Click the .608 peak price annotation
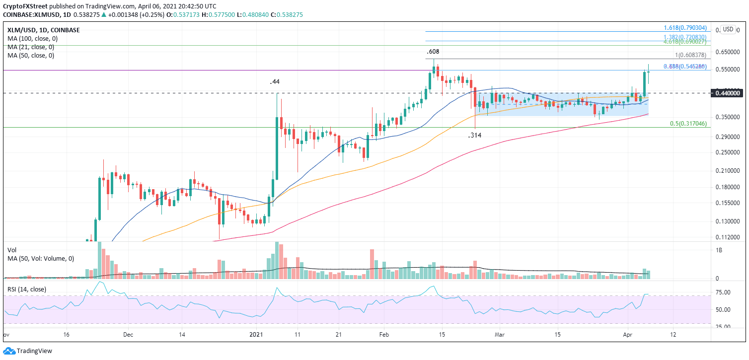[x=433, y=51]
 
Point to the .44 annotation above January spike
[x=275, y=81]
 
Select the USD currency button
[x=729, y=29]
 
